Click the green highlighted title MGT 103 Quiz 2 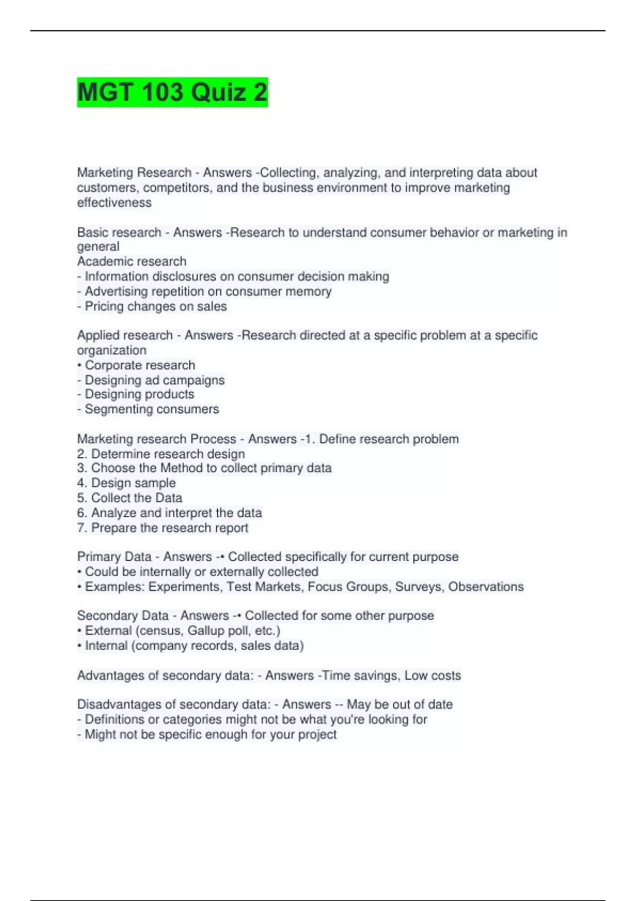pyautogui.click(x=172, y=92)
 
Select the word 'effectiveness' pyautogui.click(x=114, y=202)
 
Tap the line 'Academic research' pyautogui.click(x=131, y=261)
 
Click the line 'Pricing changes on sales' pyautogui.click(x=155, y=306)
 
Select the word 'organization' pyautogui.click(x=111, y=350)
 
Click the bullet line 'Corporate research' pyautogui.click(x=139, y=365)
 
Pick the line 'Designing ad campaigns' pyautogui.click(x=154, y=380)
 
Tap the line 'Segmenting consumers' pyautogui.click(x=152, y=409)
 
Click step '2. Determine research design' pyautogui.click(x=161, y=454)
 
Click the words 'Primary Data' pyautogui.click(x=114, y=556)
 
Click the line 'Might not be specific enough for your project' pyautogui.click(x=210, y=735)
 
